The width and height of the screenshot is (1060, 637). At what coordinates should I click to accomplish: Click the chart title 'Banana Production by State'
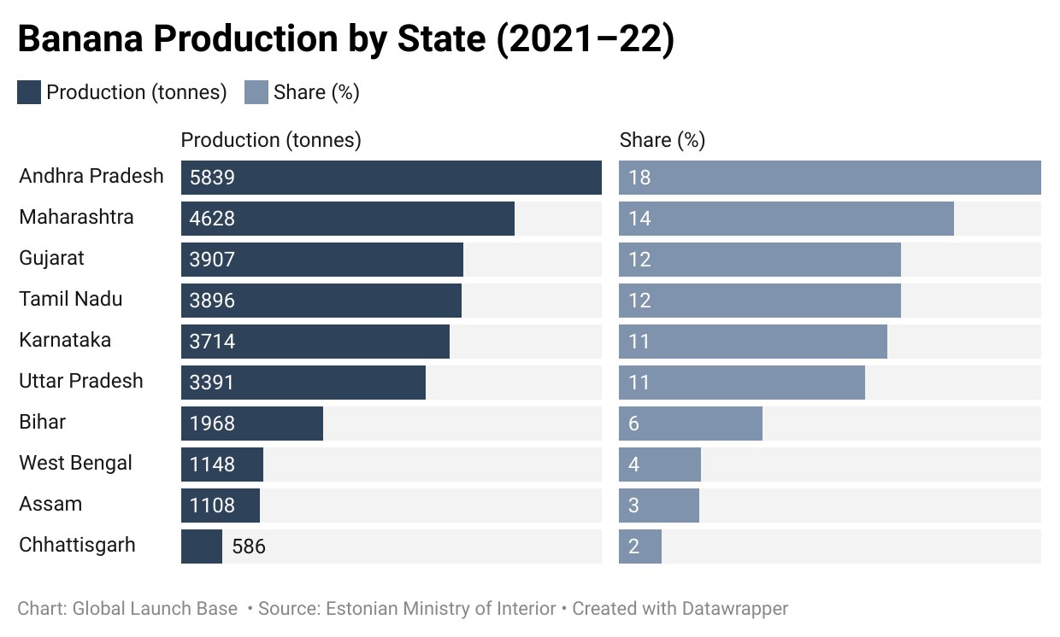pos(251,38)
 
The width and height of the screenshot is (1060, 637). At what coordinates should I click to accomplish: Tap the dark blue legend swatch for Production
pos(29,92)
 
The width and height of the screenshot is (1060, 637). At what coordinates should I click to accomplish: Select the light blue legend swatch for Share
pos(256,92)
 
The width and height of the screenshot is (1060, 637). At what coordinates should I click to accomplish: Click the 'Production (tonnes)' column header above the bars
pos(271,140)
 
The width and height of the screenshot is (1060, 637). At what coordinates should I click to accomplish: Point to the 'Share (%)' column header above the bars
pos(662,140)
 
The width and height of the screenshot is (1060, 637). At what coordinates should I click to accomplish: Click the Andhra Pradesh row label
pos(91,176)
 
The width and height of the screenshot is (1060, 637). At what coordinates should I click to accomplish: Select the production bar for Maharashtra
pos(348,219)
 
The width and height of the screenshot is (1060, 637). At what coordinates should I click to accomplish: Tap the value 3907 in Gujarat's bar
pos(212,260)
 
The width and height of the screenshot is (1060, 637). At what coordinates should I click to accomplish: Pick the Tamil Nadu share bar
pos(760,301)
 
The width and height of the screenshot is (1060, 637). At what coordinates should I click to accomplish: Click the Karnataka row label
pos(65,340)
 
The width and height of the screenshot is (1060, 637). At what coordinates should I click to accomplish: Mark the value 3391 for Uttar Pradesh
pos(211,383)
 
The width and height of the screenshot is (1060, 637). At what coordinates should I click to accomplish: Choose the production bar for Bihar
pos(252,424)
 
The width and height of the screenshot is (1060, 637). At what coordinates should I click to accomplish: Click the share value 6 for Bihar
pos(633,424)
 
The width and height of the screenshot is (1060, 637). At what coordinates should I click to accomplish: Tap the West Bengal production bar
pos(222,465)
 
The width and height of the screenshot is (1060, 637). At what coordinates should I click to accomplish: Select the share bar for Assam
pos(659,506)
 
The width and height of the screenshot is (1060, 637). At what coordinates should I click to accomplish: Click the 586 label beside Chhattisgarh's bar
pos(249,546)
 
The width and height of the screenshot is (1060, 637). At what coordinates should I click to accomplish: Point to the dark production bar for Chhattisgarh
pos(202,546)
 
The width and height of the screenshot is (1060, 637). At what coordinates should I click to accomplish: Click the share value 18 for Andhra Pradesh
pos(639,178)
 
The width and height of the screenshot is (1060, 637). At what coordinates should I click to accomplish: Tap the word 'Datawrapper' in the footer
pos(735,609)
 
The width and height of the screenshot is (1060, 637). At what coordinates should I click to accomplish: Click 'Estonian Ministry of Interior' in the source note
pos(441,609)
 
